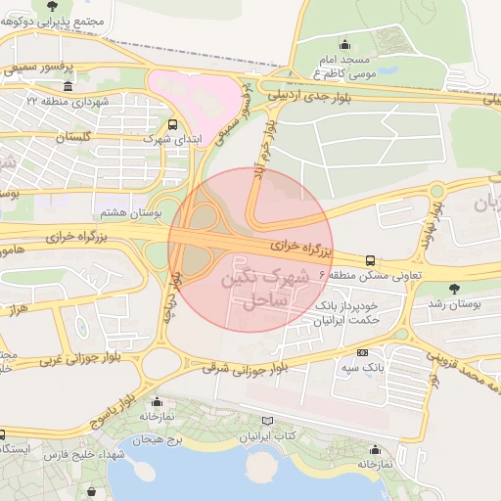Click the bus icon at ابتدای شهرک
173,124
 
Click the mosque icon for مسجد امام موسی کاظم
343,44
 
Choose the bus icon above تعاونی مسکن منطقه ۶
370,260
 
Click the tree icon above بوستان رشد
454,289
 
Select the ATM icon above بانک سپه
363,352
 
